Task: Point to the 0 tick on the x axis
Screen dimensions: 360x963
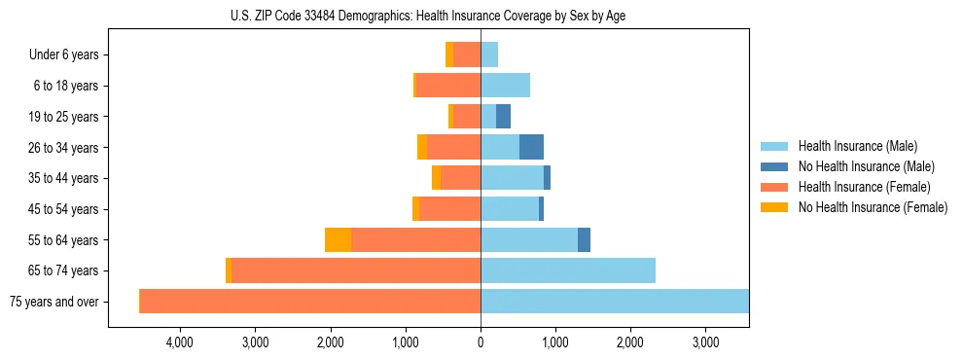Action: coord(481,342)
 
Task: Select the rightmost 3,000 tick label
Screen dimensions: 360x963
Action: coord(705,342)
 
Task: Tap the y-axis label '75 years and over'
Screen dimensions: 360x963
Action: coord(53,302)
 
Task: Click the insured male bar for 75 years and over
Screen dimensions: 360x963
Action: coord(615,302)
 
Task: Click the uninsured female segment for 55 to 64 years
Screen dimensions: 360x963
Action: coord(339,239)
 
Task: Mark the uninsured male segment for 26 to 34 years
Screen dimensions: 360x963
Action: coord(531,147)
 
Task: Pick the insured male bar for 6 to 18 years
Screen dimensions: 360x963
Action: coord(505,86)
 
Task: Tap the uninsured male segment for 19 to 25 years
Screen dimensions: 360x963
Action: coord(503,117)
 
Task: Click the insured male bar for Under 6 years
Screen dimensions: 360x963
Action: coord(489,54)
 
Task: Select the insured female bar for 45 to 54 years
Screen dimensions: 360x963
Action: coord(449,209)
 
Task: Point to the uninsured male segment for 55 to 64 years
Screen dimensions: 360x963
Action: coord(584,239)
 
